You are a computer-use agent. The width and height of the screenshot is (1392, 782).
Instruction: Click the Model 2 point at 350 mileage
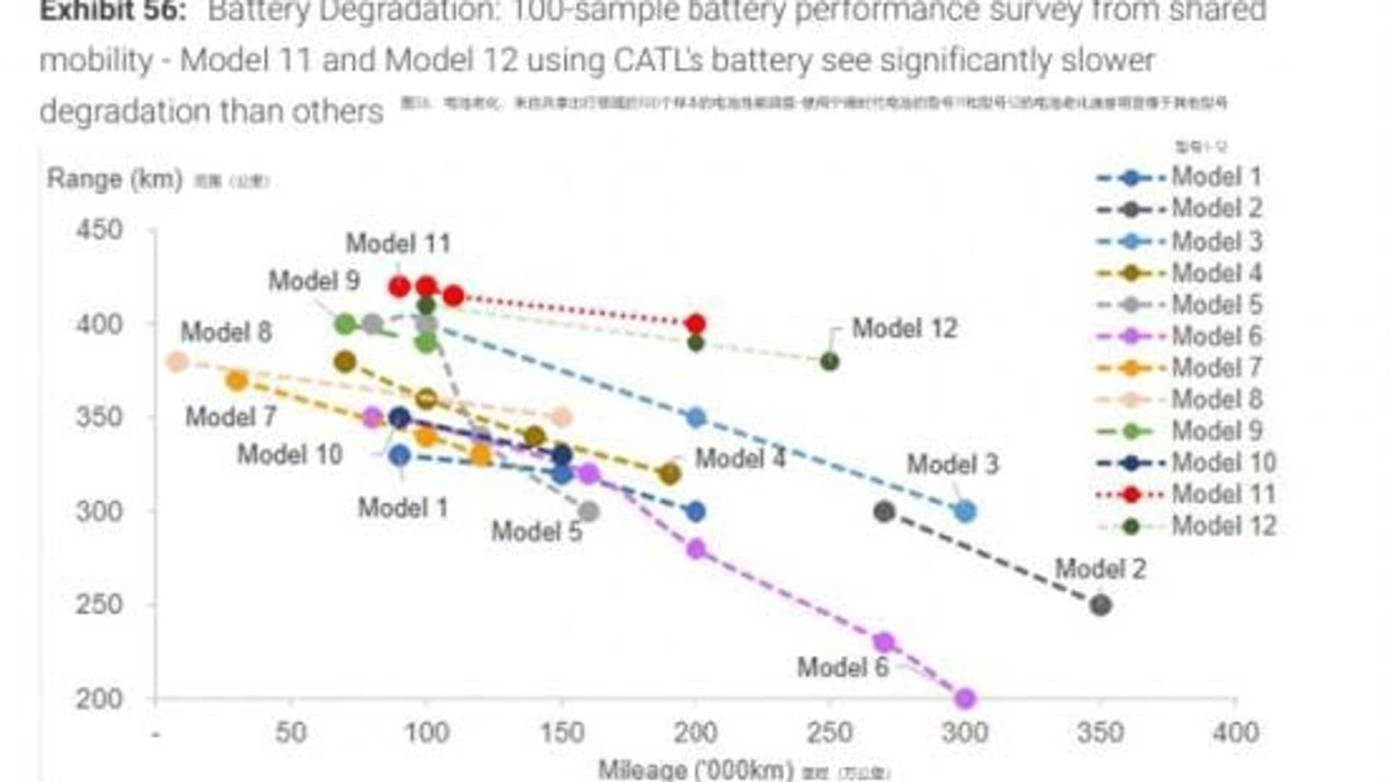[x=1101, y=605]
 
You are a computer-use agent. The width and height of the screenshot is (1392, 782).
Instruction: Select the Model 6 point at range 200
[x=965, y=698]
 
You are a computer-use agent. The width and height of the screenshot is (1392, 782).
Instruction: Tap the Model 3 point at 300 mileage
[x=965, y=511]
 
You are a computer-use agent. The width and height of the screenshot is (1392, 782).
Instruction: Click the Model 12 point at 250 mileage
[x=830, y=362]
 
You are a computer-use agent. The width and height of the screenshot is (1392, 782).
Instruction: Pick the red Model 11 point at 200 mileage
[x=696, y=324]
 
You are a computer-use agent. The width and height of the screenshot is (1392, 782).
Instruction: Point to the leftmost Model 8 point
[x=177, y=362]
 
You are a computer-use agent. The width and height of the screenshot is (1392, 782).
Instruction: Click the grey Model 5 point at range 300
[x=587, y=511]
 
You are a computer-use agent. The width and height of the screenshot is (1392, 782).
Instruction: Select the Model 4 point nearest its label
[x=669, y=474]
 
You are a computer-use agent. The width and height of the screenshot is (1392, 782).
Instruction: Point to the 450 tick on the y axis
[x=99, y=229]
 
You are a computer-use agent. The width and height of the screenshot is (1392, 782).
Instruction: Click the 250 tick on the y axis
[x=99, y=604]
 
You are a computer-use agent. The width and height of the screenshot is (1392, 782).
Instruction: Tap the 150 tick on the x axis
[x=561, y=733]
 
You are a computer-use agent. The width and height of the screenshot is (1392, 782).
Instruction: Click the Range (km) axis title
[x=114, y=178]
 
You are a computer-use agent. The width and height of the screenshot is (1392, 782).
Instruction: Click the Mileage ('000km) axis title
[x=695, y=769]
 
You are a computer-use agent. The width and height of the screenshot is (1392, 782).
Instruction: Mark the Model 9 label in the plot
[x=314, y=280]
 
